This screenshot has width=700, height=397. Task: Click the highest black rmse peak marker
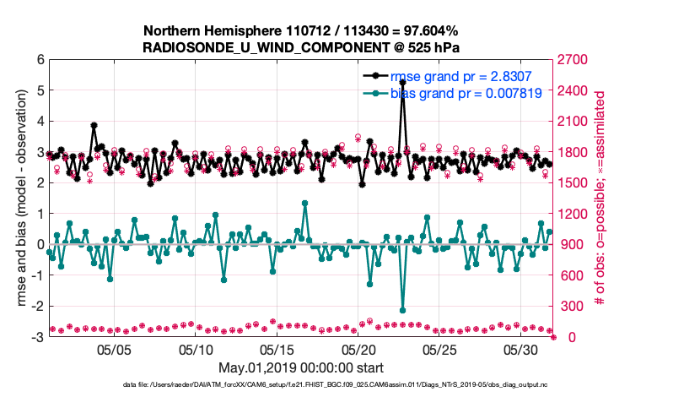tap(403, 83)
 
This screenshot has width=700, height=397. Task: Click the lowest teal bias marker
tap(403, 310)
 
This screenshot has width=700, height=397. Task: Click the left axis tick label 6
tap(40, 60)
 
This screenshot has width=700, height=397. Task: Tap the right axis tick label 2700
tap(569, 60)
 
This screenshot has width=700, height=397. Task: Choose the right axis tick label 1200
tap(569, 214)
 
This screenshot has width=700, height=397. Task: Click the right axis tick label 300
tap(566, 307)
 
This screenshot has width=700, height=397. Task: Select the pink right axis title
tap(601, 198)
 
